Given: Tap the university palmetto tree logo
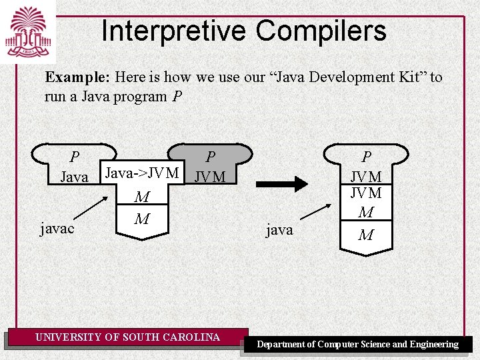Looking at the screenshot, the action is pos(28,32).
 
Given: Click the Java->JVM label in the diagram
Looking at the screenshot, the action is pos(142,173).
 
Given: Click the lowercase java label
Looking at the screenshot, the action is pos(279,230).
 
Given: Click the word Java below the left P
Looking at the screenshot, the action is pos(74,177).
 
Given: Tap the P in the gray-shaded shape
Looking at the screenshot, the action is pos(210,157).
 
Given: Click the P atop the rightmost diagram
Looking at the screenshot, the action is pos(366,157).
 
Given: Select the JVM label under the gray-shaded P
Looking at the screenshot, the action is pos(210,177).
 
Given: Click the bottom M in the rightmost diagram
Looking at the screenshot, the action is pos(366,235).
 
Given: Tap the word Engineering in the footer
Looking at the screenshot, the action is pos(434,345).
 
